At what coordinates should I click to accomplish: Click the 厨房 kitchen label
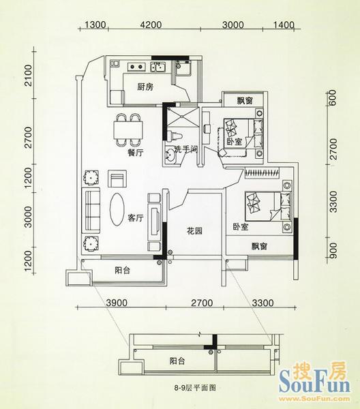coord(145,87)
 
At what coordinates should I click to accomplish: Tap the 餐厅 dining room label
coord(136,153)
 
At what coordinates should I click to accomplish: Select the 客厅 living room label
coord(136,217)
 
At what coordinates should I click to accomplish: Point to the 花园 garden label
coord(195,231)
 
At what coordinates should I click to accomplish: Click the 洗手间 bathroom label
coord(185,149)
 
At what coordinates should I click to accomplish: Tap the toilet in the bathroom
coord(174,135)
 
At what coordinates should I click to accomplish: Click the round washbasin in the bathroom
coord(170,155)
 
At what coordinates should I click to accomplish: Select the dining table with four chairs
coord(128,130)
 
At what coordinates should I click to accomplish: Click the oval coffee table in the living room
coord(117,209)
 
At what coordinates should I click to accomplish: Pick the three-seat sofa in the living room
coord(91,210)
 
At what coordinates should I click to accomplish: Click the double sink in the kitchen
coord(157,67)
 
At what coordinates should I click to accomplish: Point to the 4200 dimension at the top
coord(151,25)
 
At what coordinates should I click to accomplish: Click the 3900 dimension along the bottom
coord(117,303)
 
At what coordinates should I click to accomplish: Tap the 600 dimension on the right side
coord(332,97)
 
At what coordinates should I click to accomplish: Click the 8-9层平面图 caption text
coord(195,388)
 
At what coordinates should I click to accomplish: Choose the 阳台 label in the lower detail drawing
coord(177,361)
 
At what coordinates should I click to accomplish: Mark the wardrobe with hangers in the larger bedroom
coord(262,173)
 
